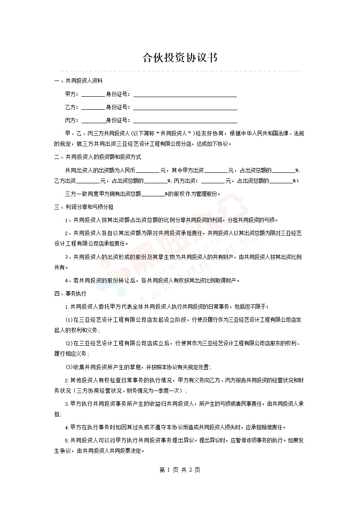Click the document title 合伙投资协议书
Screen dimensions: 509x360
click(180, 58)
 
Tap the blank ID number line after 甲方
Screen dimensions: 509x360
click(185, 95)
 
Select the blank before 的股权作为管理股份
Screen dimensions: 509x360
click(153, 195)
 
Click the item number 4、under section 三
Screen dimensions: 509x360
click(69, 280)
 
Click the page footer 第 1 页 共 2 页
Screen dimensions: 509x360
click(180, 470)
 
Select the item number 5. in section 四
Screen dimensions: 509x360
click(67, 440)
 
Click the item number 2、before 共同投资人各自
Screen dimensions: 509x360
click(69, 233)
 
